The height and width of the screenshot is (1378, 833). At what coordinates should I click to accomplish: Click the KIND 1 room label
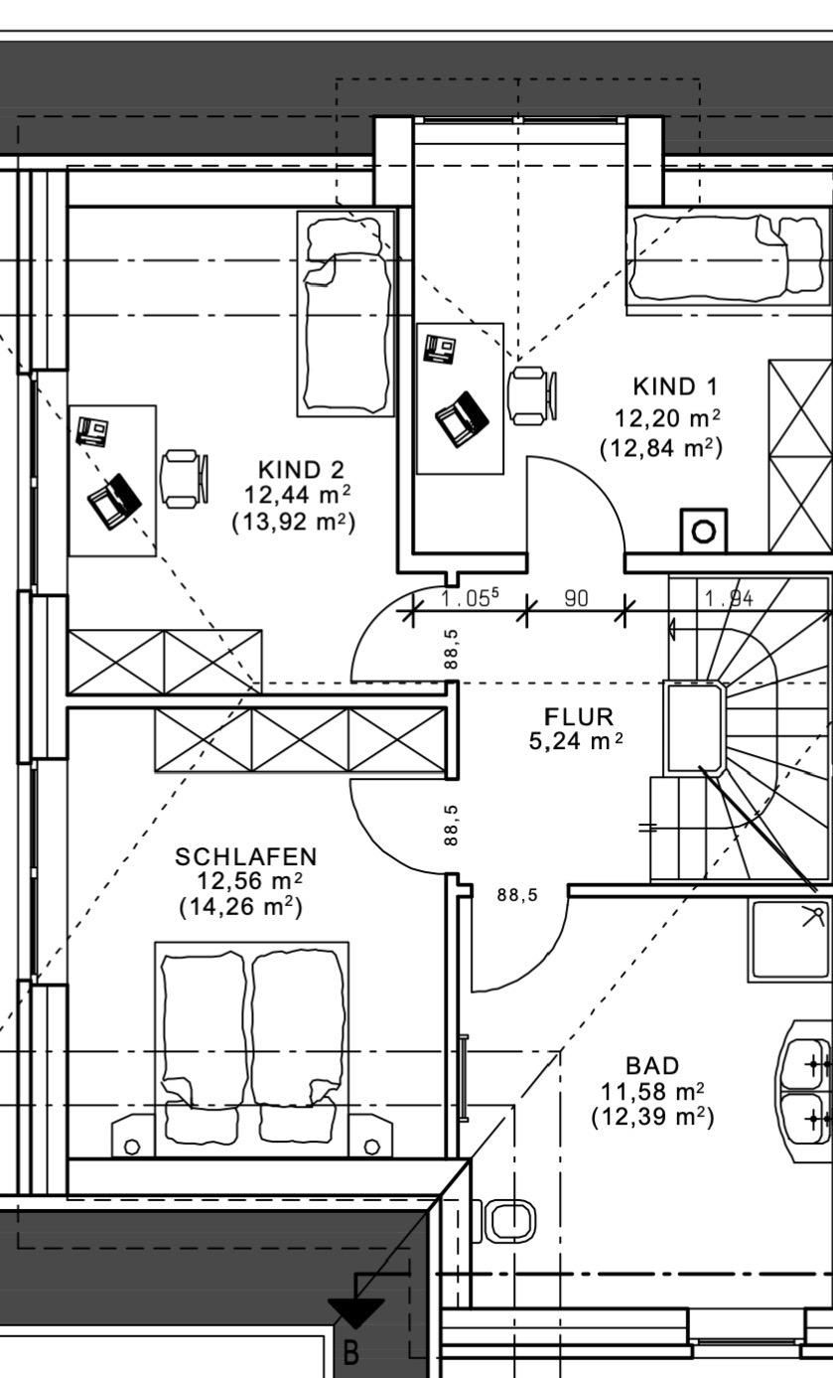click(675, 386)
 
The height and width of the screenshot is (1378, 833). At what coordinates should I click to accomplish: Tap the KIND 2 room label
click(301, 470)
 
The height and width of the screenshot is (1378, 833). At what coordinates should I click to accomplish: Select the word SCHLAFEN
click(246, 857)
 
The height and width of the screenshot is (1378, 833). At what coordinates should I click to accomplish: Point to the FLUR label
click(579, 716)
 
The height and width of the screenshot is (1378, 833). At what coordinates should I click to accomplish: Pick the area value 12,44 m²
click(298, 494)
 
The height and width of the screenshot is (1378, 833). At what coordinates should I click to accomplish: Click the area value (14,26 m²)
click(241, 907)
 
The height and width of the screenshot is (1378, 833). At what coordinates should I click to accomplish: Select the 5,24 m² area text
click(576, 741)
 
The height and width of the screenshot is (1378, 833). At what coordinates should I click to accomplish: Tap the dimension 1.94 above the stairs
click(729, 598)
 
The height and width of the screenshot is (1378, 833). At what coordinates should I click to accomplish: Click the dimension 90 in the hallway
click(576, 598)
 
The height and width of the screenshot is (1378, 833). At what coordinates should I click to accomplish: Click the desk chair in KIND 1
click(532, 395)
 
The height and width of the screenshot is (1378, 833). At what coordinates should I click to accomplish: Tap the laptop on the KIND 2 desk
click(114, 502)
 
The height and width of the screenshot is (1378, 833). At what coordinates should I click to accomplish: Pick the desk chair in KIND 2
click(185, 479)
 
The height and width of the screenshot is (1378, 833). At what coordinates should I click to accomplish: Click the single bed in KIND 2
click(346, 314)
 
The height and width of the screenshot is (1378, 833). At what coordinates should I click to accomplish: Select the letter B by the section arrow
click(351, 1353)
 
